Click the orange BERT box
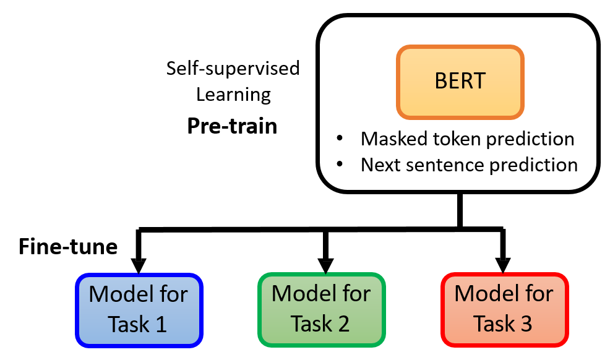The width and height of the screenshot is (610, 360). [460, 82]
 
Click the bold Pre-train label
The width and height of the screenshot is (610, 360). [232, 126]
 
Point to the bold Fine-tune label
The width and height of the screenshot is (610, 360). [68, 247]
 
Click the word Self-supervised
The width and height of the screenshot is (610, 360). [233, 68]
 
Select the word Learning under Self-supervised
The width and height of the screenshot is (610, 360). [233, 95]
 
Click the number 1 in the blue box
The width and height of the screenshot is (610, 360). [161, 324]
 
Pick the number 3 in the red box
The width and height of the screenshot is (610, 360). [526, 324]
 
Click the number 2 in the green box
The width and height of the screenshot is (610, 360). [343, 324]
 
